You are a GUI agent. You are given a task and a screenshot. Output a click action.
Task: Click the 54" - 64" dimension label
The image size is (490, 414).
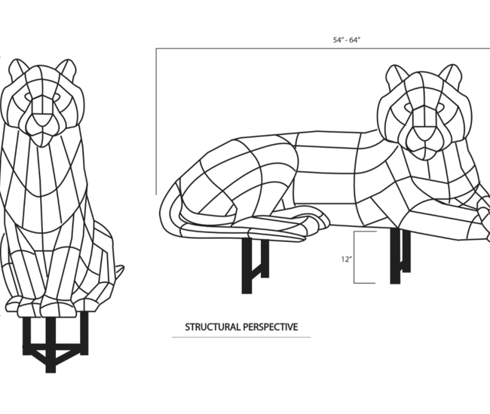point(347,40)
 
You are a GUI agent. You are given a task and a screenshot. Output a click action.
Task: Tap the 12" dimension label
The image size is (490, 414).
point(347,259)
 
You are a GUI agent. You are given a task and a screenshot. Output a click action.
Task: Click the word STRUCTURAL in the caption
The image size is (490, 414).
point(213,327)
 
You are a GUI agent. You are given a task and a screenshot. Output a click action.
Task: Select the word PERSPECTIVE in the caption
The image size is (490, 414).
point(271,327)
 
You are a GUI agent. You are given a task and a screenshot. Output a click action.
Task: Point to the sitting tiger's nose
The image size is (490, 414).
point(42,120)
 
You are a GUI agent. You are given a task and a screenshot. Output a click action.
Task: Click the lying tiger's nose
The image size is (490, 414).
point(424,132)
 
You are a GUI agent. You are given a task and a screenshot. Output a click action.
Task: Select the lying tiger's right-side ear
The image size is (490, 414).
point(451,75)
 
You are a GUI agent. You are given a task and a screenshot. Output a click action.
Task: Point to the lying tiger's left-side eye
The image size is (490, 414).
point(409,107)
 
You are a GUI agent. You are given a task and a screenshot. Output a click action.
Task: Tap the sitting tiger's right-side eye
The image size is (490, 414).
point(57,97)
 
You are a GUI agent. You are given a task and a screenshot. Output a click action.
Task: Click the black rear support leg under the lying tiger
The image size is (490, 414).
point(254,265)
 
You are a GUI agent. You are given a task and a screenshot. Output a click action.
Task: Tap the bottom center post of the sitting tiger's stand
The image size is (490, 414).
point(51,344)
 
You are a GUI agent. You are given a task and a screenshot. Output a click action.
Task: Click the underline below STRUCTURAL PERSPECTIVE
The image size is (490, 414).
point(241,337)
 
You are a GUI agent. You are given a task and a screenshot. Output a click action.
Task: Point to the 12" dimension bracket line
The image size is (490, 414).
point(354,257)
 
